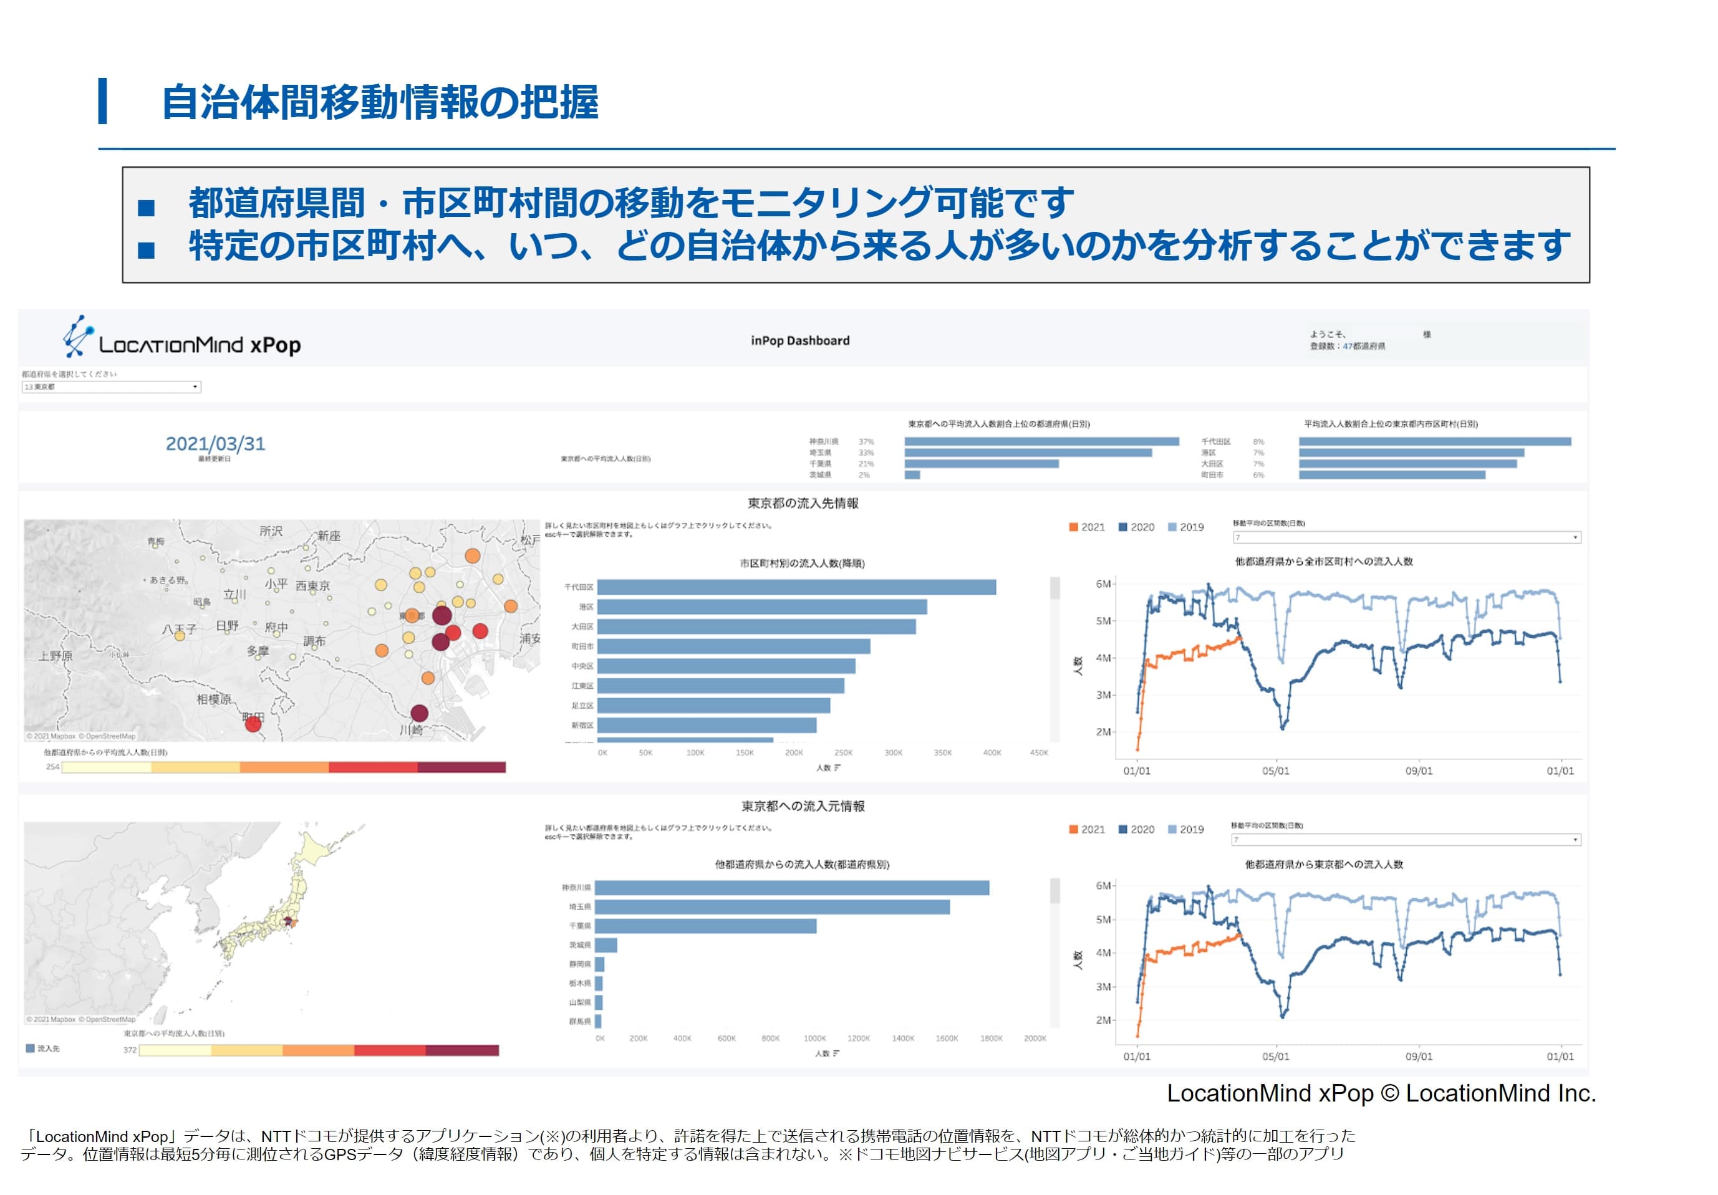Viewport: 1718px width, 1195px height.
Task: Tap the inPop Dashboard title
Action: pyautogui.click(x=800, y=341)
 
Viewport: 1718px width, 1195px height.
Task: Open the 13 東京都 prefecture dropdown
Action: pyautogui.click(x=111, y=386)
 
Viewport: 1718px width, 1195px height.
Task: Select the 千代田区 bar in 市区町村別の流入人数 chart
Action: pyautogui.click(x=796, y=587)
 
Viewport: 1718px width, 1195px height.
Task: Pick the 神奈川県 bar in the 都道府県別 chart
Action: pyautogui.click(x=792, y=888)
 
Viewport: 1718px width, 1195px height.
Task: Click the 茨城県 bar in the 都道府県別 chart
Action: pyautogui.click(x=606, y=945)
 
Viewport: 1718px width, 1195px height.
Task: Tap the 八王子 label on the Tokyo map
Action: pyautogui.click(x=180, y=629)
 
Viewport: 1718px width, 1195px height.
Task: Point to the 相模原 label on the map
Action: pyautogui.click(x=214, y=699)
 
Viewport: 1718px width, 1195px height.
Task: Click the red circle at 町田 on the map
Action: pyautogui.click(x=254, y=723)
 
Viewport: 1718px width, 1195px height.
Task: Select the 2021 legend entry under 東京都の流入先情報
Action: pyautogui.click(x=1086, y=527)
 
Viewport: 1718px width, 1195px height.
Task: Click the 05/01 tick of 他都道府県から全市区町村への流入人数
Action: pyautogui.click(x=1276, y=771)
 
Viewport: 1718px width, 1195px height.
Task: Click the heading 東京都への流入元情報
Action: pyautogui.click(x=803, y=806)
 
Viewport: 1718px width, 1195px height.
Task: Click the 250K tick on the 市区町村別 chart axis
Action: pyautogui.click(x=843, y=753)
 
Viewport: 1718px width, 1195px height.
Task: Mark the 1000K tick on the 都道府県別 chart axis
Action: pyautogui.click(x=815, y=1039)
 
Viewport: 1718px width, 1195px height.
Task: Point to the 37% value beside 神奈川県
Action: pyautogui.click(x=866, y=442)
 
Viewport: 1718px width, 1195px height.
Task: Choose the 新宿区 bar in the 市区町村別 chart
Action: pyautogui.click(x=707, y=726)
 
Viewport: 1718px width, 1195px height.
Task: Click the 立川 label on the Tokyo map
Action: pyautogui.click(x=235, y=595)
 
